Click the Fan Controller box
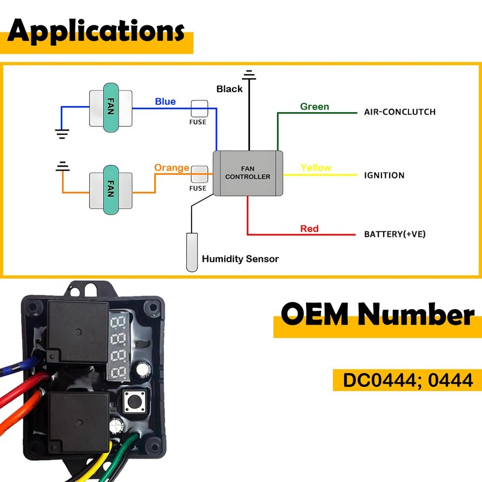(248, 173)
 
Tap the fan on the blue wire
(110, 108)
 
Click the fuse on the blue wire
(199, 108)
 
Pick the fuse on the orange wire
(198, 174)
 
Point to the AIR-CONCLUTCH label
(399, 112)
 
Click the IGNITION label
(384, 176)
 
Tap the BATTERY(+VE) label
(395, 234)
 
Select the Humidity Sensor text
(240, 259)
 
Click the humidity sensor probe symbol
(192, 251)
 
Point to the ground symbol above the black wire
(248, 75)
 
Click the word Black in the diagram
(230, 89)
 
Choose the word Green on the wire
(315, 107)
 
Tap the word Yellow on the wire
(316, 167)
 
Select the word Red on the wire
(309, 229)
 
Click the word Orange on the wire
(172, 167)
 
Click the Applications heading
(96, 31)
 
